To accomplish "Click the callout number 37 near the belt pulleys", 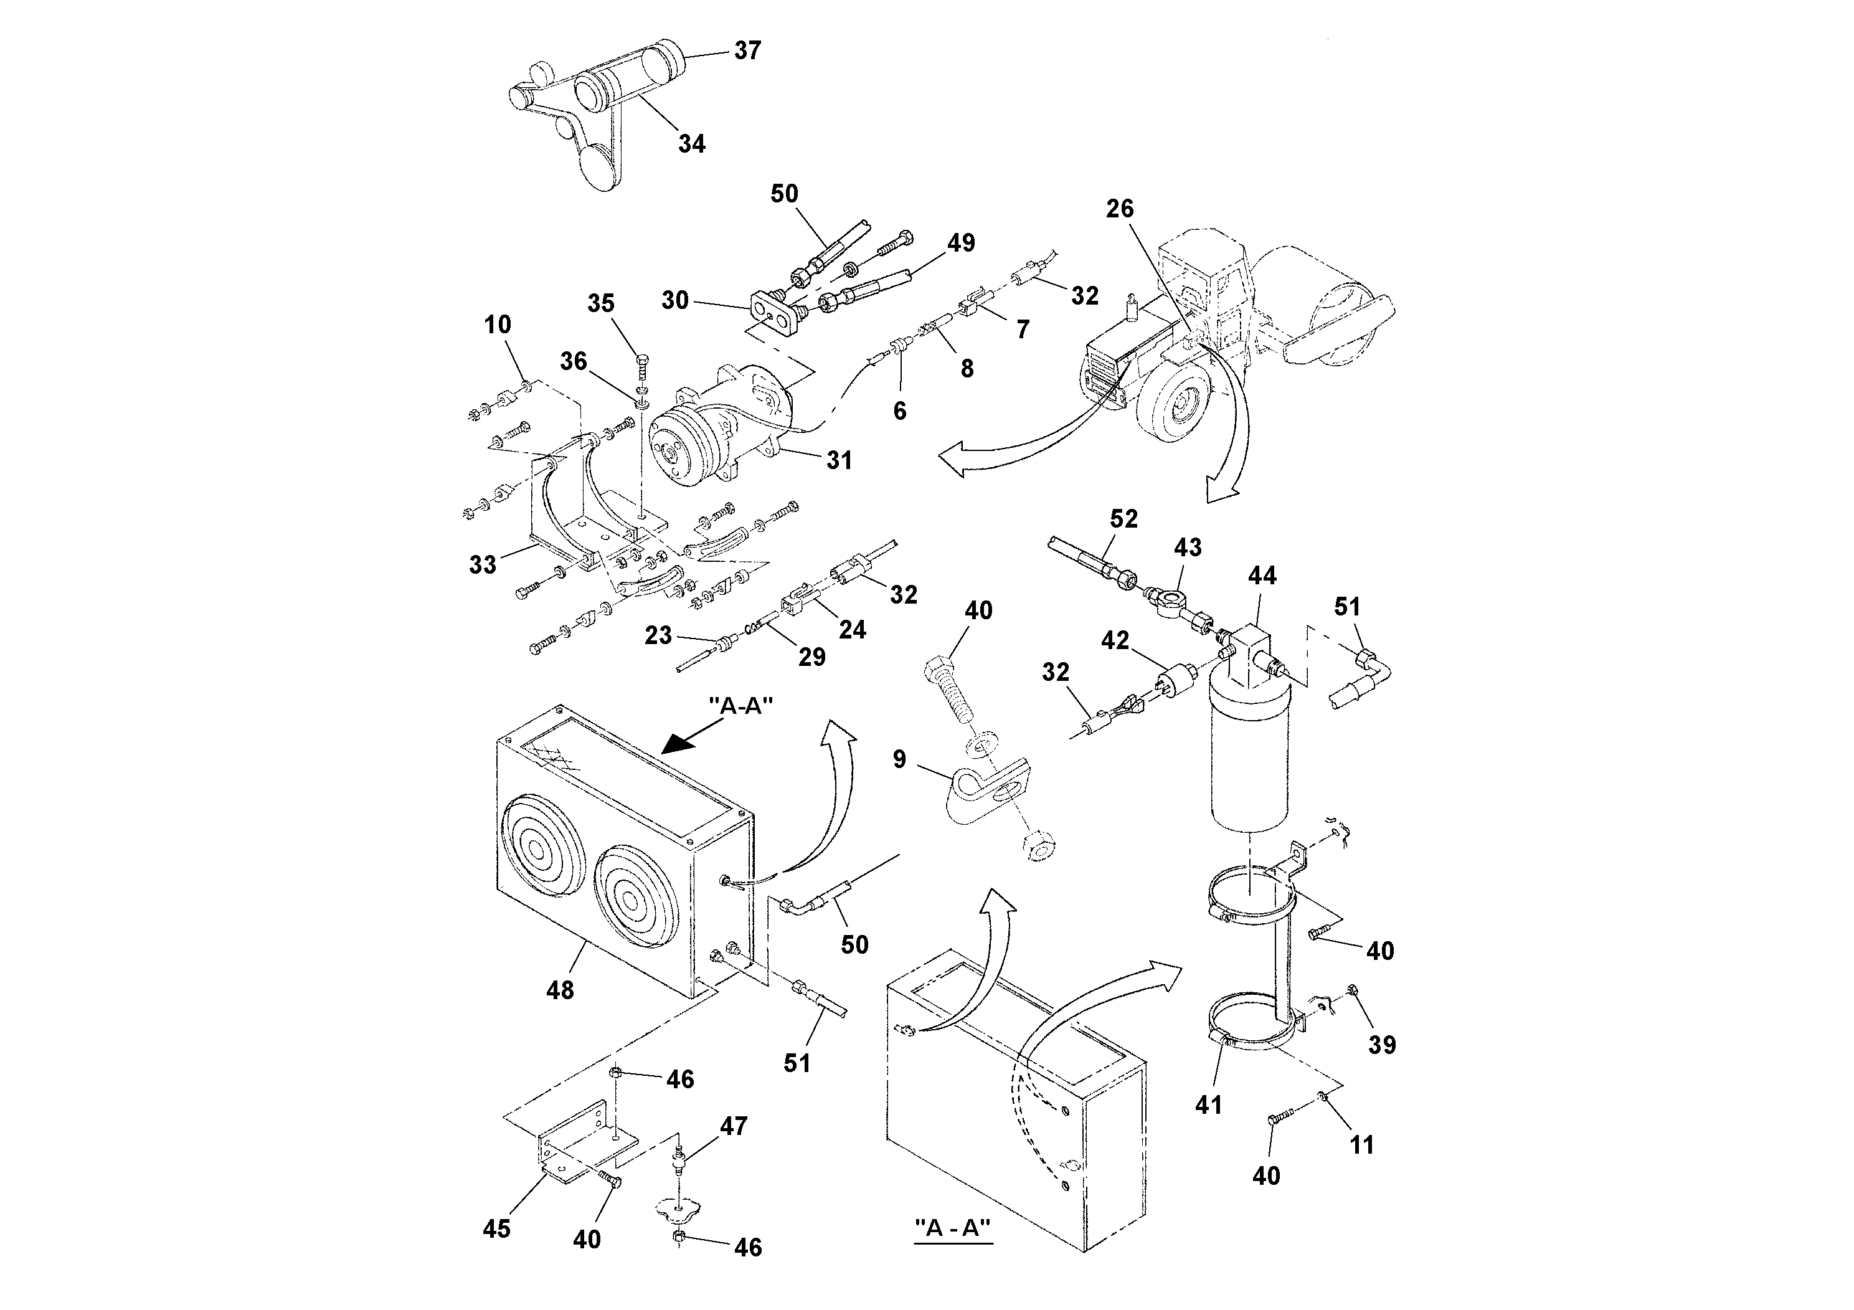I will point(747,51).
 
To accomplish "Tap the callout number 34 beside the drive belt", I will point(691,144).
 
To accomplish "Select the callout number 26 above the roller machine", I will point(1119,209).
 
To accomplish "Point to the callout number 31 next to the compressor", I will point(839,460).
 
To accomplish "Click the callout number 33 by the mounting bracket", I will point(482,564).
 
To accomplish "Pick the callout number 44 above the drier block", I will point(1262,576).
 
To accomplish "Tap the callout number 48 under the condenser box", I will point(560,990).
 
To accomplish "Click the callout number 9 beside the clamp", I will point(899,759).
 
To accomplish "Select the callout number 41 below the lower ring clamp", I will point(1209,1105).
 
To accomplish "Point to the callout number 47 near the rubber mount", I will point(733,1126).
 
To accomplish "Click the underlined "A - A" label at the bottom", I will point(953,1228).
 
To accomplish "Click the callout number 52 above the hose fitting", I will point(1123,520).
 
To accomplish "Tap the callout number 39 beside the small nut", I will point(1381,1045).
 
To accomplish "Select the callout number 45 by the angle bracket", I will point(496,1229).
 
